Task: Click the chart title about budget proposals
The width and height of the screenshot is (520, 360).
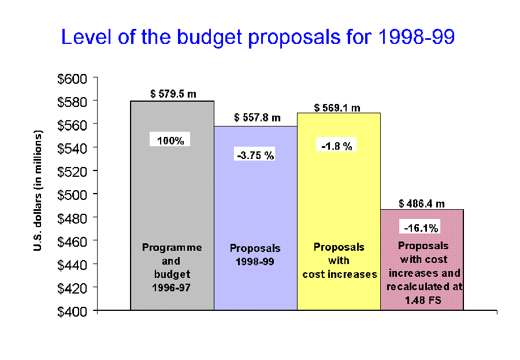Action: [258, 38]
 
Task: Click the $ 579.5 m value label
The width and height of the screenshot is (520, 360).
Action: [172, 94]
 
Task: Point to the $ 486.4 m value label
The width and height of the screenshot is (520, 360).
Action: [422, 203]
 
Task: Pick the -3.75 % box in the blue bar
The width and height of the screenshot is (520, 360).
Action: [255, 155]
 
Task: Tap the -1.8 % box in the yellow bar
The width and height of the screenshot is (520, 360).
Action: [337, 146]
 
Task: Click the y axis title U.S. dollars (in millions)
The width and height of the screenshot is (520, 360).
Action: [38, 191]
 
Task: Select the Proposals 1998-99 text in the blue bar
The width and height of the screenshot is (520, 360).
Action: [255, 254]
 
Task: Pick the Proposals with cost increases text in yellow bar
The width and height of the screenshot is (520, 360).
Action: [339, 260]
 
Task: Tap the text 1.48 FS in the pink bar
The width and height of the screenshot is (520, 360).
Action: [422, 299]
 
